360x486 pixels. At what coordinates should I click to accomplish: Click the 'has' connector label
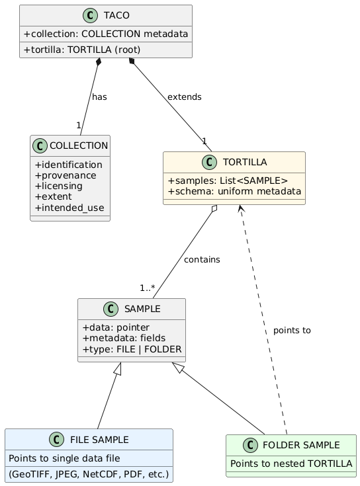[x=99, y=97]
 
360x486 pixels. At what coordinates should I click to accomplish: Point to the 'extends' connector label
[x=185, y=97]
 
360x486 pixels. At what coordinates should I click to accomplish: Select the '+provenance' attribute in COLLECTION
[x=66, y=175]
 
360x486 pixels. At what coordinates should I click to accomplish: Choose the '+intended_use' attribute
[x=69, y=208]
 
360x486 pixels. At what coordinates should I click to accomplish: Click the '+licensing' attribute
[x=62, y=186]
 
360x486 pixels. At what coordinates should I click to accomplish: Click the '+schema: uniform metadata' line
[x=234, y=192]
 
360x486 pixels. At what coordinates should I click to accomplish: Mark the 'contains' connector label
[x=202, y=259]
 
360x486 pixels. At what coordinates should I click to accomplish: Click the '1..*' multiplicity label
[x=147, y=288]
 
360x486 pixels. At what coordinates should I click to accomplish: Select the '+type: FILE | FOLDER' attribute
[x=132, y=349]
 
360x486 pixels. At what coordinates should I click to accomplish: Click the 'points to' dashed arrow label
[x=291, y=330]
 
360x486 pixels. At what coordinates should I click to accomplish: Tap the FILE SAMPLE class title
[x=99, y=440]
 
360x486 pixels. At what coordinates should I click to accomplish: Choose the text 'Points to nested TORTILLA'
[x=291, y=464]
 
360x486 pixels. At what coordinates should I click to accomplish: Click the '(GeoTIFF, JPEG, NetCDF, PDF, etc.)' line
[x=89, y=474]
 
